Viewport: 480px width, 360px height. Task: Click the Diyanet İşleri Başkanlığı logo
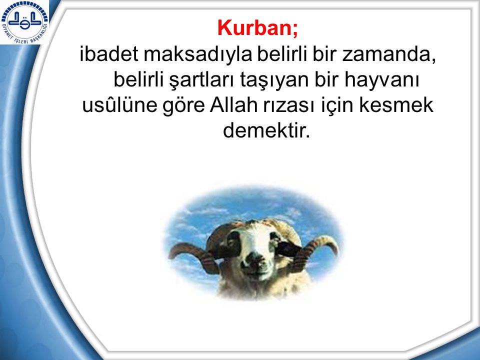tap(24, 22)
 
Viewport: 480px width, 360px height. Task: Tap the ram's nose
tap(254, 258)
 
